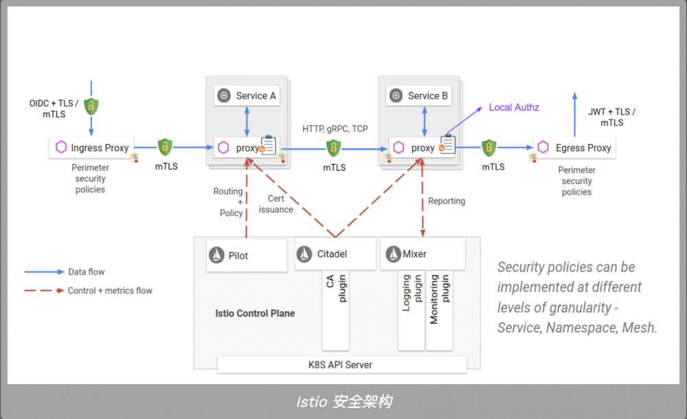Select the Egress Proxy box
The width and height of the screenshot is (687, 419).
[x=574, y=148]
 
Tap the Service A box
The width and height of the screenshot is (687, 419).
[x=247, y=95]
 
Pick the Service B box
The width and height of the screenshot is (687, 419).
[x=418, y=95]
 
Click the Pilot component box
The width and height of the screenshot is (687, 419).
[x=247, y=255]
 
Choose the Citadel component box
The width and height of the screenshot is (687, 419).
[x=335, y=254]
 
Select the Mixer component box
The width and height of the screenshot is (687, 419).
[x=423, y=254]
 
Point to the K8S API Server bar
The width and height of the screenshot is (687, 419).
[x=341, y=365]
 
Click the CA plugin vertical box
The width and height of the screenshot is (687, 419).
[x=335, y=309]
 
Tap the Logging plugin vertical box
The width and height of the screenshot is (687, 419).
[x=411, y=309]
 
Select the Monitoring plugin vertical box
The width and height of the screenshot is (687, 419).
[x=439, y=309]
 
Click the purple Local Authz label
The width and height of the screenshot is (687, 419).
[x=514, y=107]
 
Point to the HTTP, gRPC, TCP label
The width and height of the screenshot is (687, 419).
[x=335, y=128]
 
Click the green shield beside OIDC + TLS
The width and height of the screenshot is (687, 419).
[x=91, y=106]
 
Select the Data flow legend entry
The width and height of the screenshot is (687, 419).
[x=65, y=272]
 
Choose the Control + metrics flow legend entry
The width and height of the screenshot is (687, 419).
[x=89, y=291]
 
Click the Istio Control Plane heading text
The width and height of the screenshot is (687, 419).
[x=255, y=313]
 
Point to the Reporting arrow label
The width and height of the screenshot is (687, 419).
[x=447, y=201]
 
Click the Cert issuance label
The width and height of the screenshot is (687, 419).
[x=276, y=204]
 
